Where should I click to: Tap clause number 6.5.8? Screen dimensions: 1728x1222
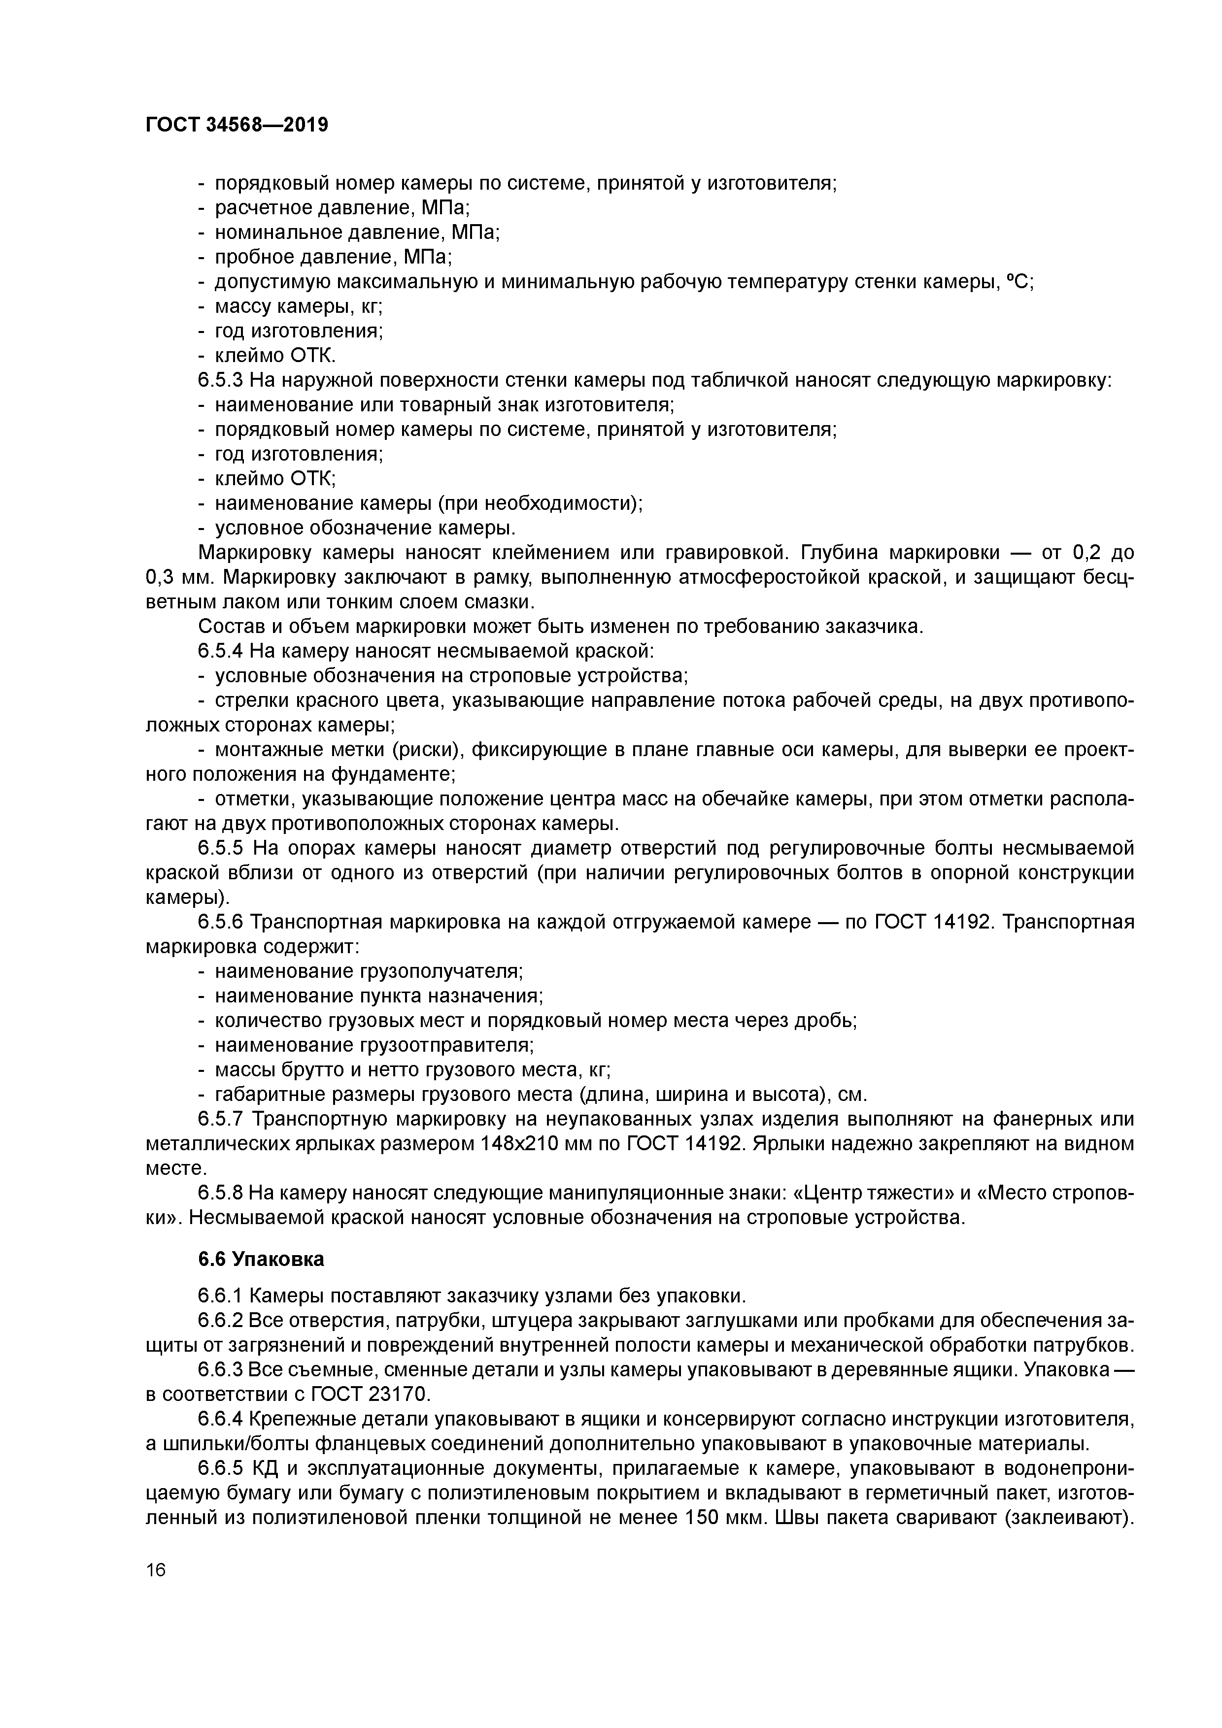pyautogui.click(x=220, y=1194)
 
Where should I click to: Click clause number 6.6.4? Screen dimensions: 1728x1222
pyautogui.click(x=220, y=1420)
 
